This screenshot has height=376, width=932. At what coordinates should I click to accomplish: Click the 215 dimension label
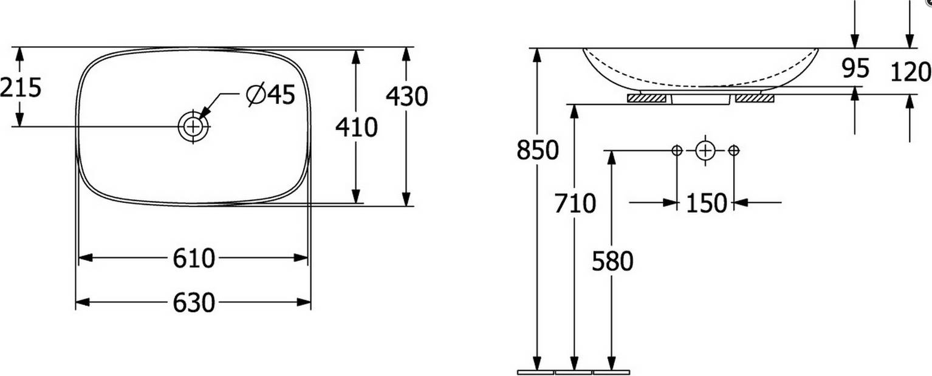tap(21, 87)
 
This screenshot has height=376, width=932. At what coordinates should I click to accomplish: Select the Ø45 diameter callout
tap(270, 95)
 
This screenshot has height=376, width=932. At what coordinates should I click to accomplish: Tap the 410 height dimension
tap(357, 128)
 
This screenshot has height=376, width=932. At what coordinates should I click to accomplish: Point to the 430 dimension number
tap(406, 97)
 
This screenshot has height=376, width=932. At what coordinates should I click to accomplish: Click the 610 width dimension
tap(194, 258)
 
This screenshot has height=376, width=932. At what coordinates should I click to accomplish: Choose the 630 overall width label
tap(194, 303)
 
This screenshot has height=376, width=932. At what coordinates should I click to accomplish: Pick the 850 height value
tap(538, 150)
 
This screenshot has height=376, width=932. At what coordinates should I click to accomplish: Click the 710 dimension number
tap(575, 203)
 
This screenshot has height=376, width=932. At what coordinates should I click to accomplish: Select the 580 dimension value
tap(612, 262)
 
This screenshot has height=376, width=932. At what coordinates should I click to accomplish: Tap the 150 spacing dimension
tap(706, 203)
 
